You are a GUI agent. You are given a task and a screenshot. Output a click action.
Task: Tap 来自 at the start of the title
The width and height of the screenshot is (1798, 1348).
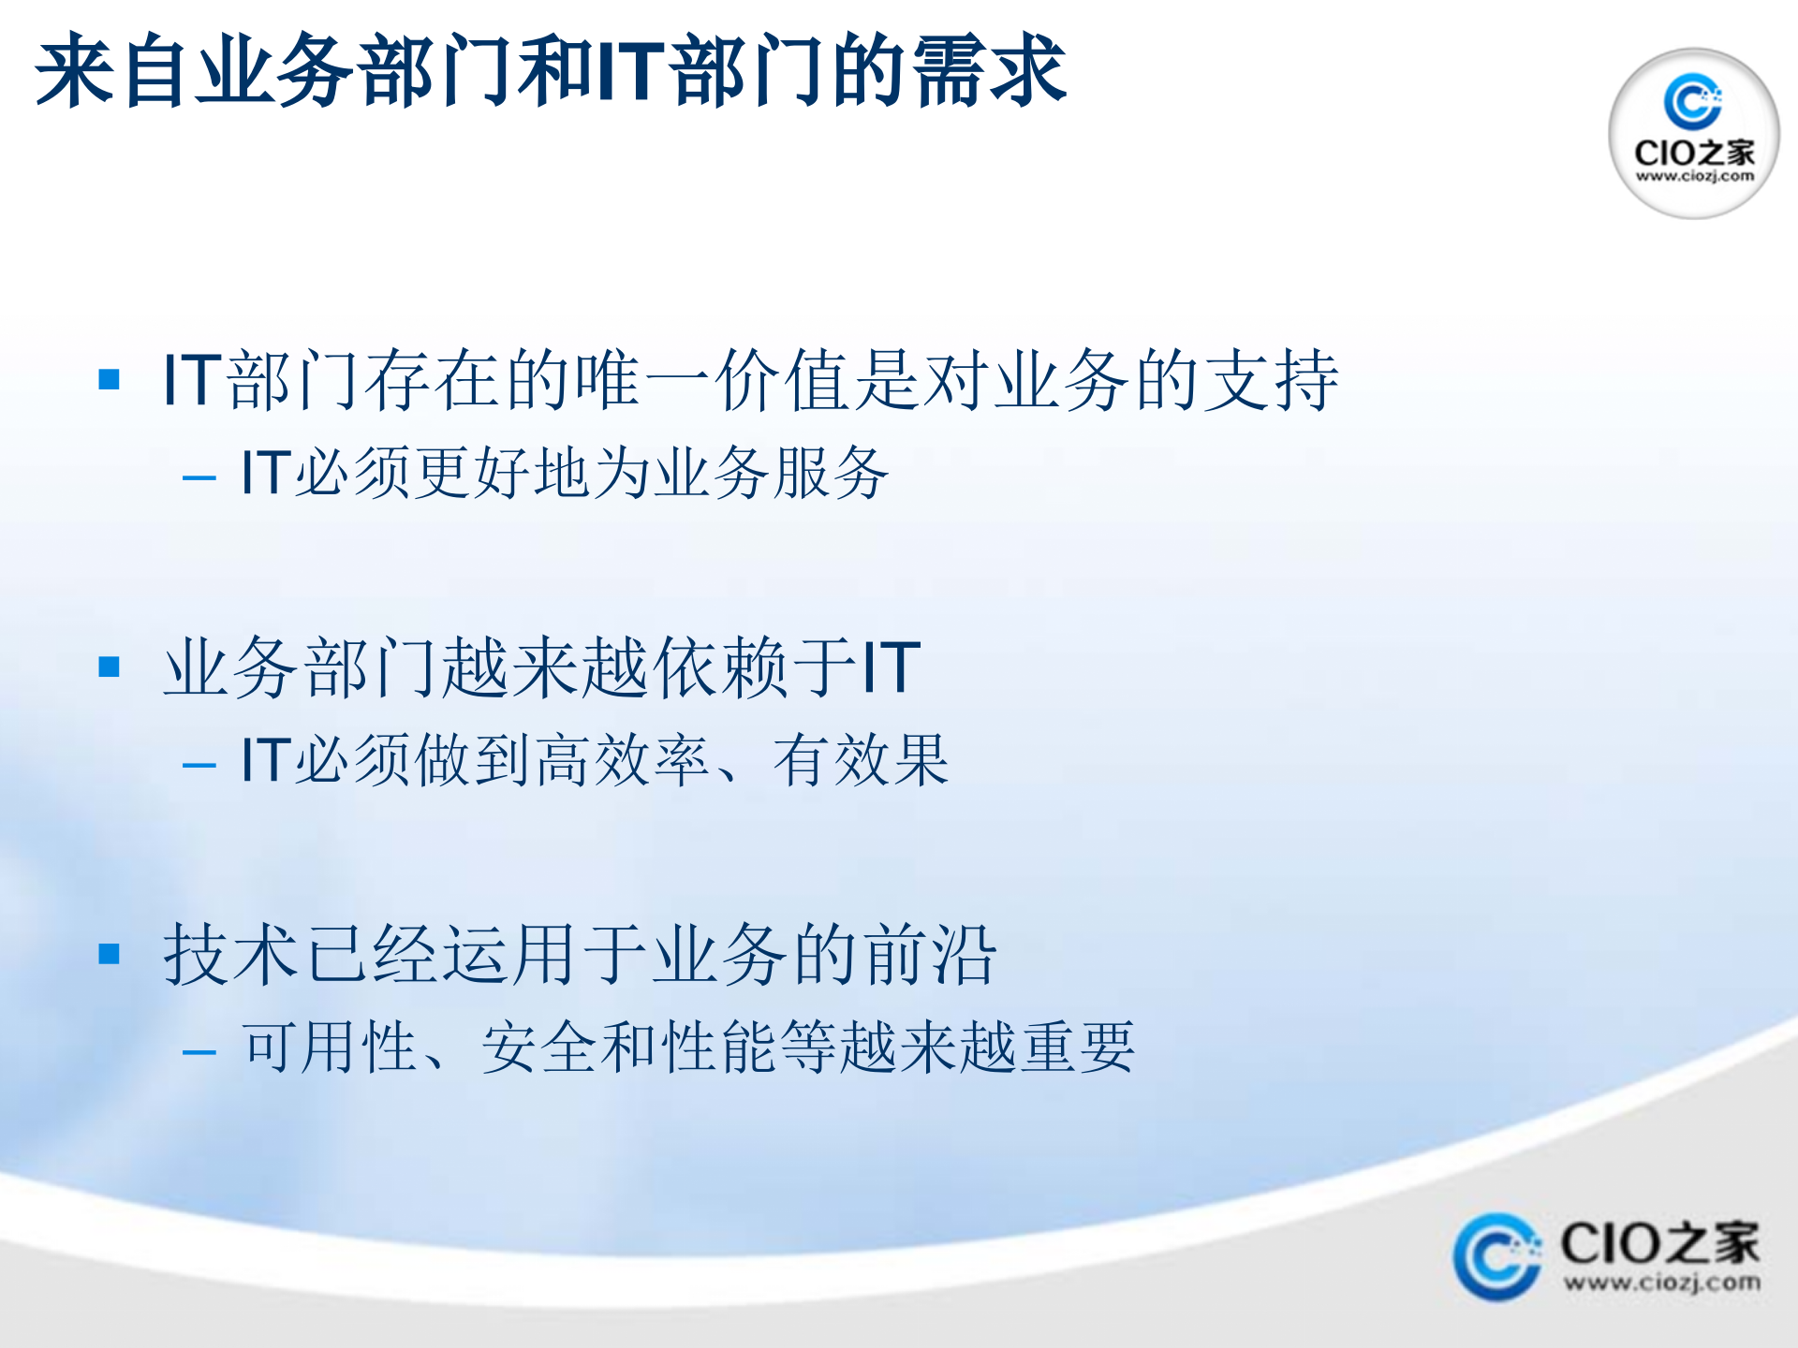pos(114,70)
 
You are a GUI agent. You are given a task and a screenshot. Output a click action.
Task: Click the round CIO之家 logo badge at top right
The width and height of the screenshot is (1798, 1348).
pos(1693,133)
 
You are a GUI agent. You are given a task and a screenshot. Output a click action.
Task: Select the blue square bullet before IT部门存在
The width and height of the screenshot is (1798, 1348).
pos(110,379)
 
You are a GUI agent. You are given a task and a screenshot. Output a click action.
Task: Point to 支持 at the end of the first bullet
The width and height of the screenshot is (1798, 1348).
pos(1272,380)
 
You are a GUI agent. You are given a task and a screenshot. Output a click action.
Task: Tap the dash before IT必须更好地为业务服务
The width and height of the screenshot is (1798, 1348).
pos(199,478)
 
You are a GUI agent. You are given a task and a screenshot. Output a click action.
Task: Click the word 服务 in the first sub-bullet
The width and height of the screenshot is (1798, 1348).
pos(832,473)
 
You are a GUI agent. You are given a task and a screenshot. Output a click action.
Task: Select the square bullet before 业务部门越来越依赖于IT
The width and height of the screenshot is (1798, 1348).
pos(110,667)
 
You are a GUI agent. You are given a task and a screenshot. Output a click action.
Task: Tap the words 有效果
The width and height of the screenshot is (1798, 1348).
pos(862,760)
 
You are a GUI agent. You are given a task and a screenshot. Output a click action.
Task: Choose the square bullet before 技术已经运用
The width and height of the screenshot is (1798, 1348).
pos(110,954)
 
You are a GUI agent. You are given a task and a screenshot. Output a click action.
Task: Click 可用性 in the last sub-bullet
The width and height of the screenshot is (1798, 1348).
pos(330,1047)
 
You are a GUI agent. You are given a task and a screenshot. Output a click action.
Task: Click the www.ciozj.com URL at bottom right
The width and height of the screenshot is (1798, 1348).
pos(1661,1282)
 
